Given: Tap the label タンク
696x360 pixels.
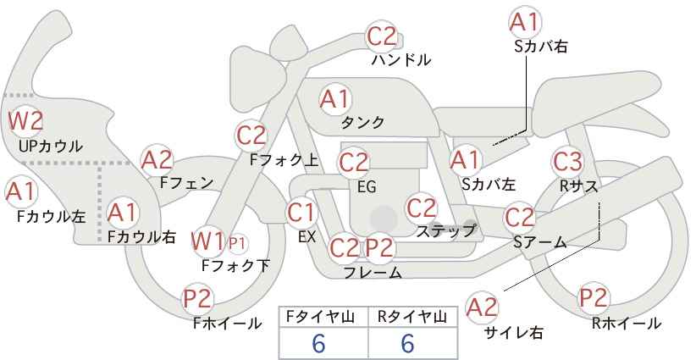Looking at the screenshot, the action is tap(362, 122).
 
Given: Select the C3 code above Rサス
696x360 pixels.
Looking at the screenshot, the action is tap(567, 162).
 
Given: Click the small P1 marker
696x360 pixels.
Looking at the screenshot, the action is tap(237, 243).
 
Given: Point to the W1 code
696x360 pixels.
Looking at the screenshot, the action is tap(208, 242).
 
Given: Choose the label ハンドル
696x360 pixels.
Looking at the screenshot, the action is tap(401, 59).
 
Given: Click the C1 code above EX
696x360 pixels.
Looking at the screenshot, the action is tap(301, 213).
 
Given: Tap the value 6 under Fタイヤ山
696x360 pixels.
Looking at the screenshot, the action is tap(318, 343).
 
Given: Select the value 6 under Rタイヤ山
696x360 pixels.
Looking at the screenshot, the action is tap(407, 343).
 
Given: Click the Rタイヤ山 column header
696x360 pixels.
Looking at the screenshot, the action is tap(412, 317).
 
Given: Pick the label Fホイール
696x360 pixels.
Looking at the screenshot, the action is tap(228, 324).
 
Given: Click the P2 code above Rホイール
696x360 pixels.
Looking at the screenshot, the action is tap(594, 298).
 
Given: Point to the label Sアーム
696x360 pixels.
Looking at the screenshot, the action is tap(539, 242).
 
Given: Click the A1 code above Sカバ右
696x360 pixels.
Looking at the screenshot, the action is tap(525, 23).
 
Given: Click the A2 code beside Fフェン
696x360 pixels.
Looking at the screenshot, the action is tap(157, 161).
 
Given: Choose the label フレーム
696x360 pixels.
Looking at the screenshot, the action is tap(373, 272).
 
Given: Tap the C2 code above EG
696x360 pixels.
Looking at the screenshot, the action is tap(353, 163).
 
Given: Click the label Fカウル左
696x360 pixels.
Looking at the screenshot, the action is tap(51, 217).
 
